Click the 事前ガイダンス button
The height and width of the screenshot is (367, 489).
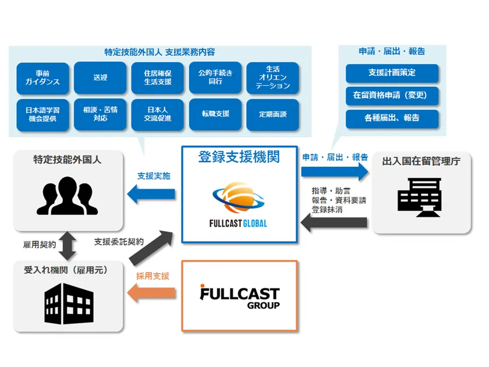[43, 78]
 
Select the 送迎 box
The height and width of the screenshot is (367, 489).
[100, 78]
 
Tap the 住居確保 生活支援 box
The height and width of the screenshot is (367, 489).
[158, 78]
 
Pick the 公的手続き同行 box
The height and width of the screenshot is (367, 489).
[215, 78]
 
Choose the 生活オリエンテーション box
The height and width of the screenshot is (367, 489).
[272, 78]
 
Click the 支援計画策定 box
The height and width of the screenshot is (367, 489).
[392, 73]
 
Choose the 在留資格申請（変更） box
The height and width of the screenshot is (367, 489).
[392, 96]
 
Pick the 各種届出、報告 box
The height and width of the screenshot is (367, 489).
[392, 118]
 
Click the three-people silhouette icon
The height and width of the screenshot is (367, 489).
[66, 195]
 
